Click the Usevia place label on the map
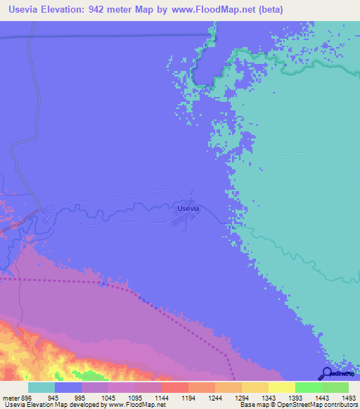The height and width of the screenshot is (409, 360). click(188, 208)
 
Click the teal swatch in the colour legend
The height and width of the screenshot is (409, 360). click(41, 387)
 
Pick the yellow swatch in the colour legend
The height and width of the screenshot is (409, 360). click(281, 387)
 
